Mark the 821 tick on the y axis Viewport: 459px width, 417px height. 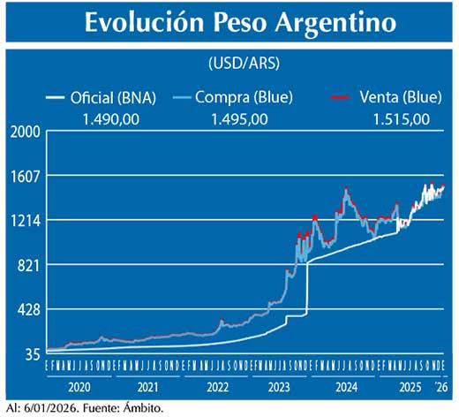click(x=29, y=265)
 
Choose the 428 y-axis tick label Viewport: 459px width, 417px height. click(x=29, y=310)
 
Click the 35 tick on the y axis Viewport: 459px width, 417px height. click(x=33, y=354)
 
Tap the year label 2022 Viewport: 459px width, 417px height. click(x=217, y=387)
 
